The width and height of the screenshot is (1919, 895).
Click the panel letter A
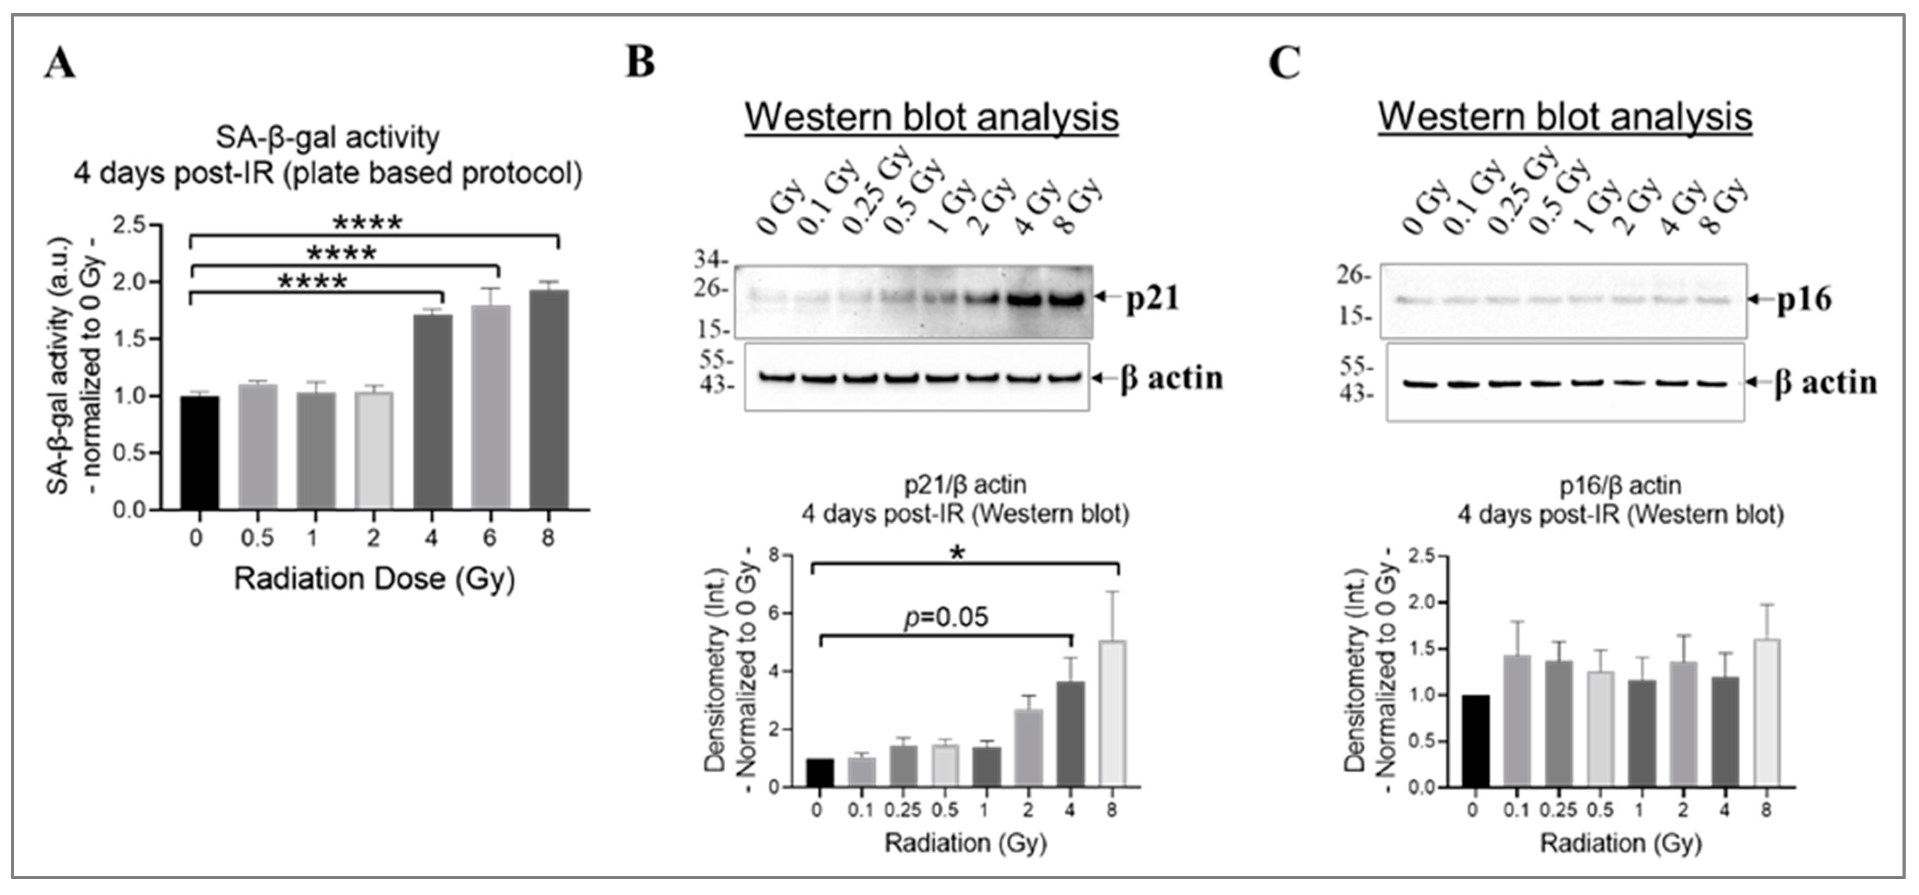pos(60,62)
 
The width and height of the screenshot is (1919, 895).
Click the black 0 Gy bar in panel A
pos(199,453)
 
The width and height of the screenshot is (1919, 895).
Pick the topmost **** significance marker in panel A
pos(367,222)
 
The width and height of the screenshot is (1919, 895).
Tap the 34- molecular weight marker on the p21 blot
pos(711,260)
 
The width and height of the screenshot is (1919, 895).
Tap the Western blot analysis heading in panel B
pos(932,118)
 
